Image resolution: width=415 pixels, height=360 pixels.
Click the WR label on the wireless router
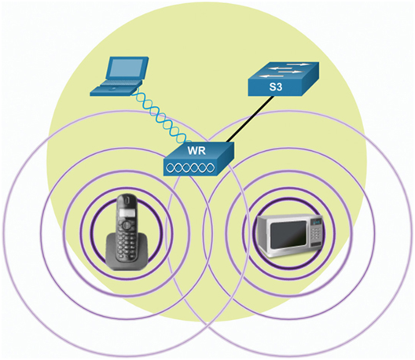[x=196, y=151]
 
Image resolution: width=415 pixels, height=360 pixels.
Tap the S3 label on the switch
[x=276, y=86]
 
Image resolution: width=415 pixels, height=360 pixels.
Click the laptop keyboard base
[x=115, y=89]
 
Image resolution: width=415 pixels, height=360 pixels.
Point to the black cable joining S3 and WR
[x=250, y=119]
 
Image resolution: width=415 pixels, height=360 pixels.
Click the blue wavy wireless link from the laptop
[x=162, y=117]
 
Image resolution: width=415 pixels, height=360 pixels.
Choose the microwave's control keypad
[x=317, y=233]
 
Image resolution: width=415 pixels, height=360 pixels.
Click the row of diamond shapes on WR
[x=189, y=167]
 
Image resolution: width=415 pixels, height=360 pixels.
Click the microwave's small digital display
[x=317, y=221]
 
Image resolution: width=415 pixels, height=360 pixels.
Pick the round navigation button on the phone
[x=126, y=226]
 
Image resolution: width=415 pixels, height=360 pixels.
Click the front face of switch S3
[x=276, y=87]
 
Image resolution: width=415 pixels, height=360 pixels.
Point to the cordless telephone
[x=127, y=233]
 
